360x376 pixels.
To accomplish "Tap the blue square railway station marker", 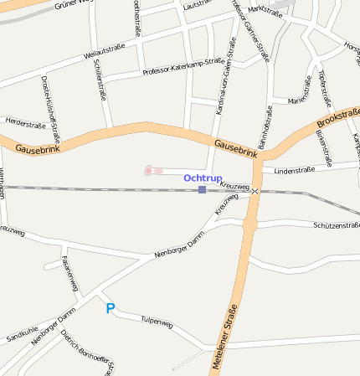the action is tap(203, 190).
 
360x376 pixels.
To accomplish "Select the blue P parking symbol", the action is tap(110, 309).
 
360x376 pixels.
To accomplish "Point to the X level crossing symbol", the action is tap(255, 192).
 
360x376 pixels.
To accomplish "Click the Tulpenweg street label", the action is tap(157, 321).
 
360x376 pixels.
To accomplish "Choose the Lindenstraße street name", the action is tap(288, 170).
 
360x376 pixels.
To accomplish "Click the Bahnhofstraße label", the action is tap(266, 126).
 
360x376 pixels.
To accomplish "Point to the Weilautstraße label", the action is tap(105, 50).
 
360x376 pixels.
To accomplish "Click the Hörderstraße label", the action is tap(25, 124).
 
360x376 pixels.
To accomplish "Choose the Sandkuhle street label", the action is tap(23, 334).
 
